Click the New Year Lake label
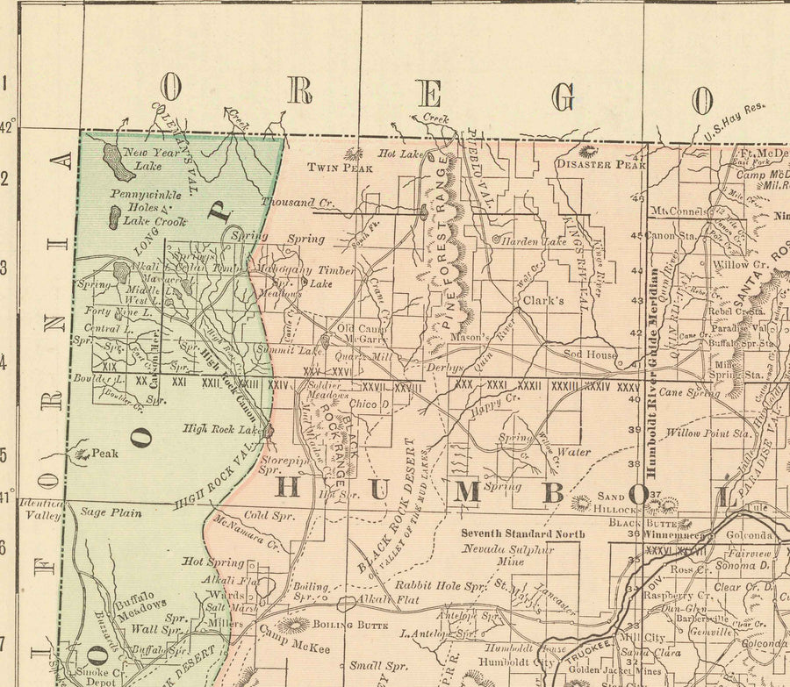(143, 159)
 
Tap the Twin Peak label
(334, 167)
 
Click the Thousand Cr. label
(298, 203)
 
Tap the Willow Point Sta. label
(708, 433)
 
